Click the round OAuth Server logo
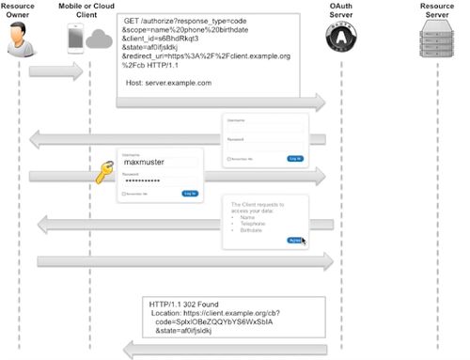(339, 39)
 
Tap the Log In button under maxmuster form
(190, 193)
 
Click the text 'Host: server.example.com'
(169, 83)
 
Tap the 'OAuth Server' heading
(340, 10)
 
